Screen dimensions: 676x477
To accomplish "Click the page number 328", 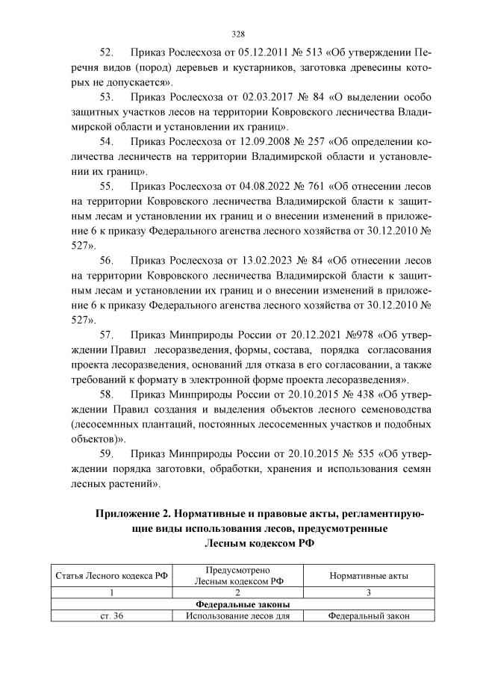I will pyautogui.click(x=238, y=34).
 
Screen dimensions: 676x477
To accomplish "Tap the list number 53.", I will pyautogui.click(x=106, y=97).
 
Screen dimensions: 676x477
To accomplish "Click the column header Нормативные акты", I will pyautogui.click(x=368, y=575).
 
